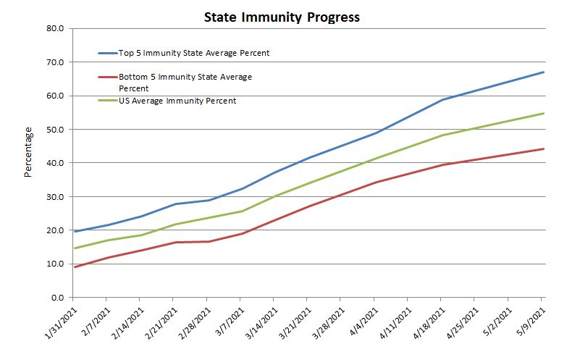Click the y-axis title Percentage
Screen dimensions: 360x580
28,152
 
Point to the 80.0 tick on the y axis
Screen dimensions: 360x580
56,29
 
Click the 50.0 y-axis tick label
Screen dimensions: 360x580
56,130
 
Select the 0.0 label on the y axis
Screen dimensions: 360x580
58,298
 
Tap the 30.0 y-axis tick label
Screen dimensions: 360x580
56,197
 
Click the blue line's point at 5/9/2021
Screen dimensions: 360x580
543,72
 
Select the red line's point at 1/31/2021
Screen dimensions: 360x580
73,267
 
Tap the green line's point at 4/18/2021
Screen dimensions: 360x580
442,135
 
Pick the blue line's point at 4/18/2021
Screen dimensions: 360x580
442,100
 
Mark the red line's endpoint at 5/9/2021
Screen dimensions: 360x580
543,149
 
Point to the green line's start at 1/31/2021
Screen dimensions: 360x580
73,248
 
